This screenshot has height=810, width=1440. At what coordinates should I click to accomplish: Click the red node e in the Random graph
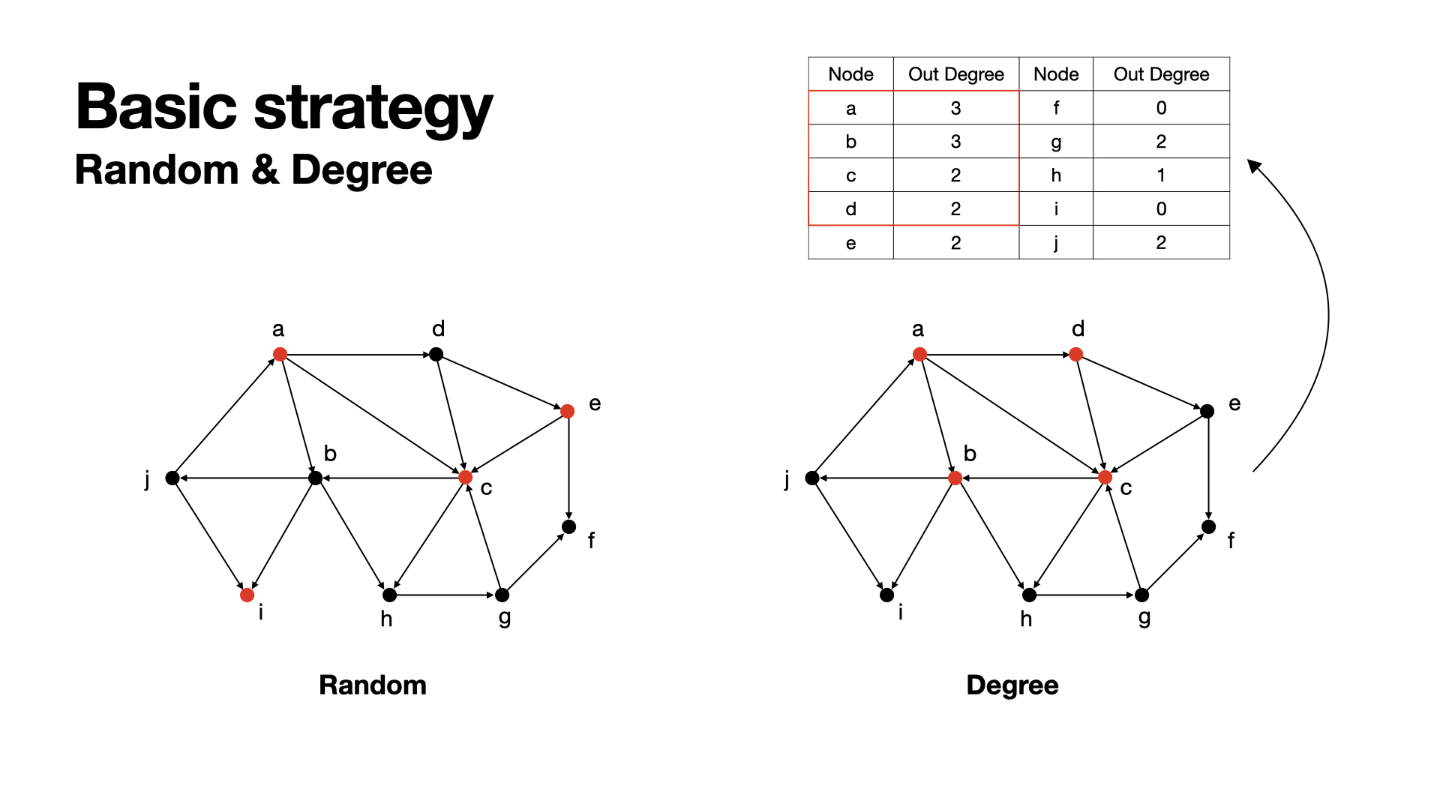point(568,411)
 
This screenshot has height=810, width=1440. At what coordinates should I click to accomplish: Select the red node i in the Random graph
point(247,595)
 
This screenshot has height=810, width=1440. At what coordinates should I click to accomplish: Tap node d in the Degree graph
point(1076,354)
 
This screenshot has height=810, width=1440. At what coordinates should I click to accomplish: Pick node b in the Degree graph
point(955,478)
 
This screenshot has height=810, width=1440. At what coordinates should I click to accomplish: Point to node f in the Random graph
point(569,526)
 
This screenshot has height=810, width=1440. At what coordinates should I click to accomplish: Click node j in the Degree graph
point(812,478)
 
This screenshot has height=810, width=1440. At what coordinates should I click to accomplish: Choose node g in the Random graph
point(502,595)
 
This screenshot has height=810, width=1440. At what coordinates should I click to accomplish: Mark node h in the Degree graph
point(1029,595)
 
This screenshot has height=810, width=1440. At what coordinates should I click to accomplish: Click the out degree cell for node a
point(955,108)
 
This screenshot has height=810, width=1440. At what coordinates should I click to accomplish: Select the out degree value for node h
point(1161,175)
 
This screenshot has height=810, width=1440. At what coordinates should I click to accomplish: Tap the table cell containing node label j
point(1056,243)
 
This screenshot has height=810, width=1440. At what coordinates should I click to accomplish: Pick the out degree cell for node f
point(1161,108)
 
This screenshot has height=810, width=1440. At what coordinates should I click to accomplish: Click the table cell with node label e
point(850,243)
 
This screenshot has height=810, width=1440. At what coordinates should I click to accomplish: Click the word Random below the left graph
point(373,685)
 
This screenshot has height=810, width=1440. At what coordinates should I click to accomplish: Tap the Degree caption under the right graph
point(1012,685)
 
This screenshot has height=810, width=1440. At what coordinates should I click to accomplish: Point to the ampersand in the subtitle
point(265,169)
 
